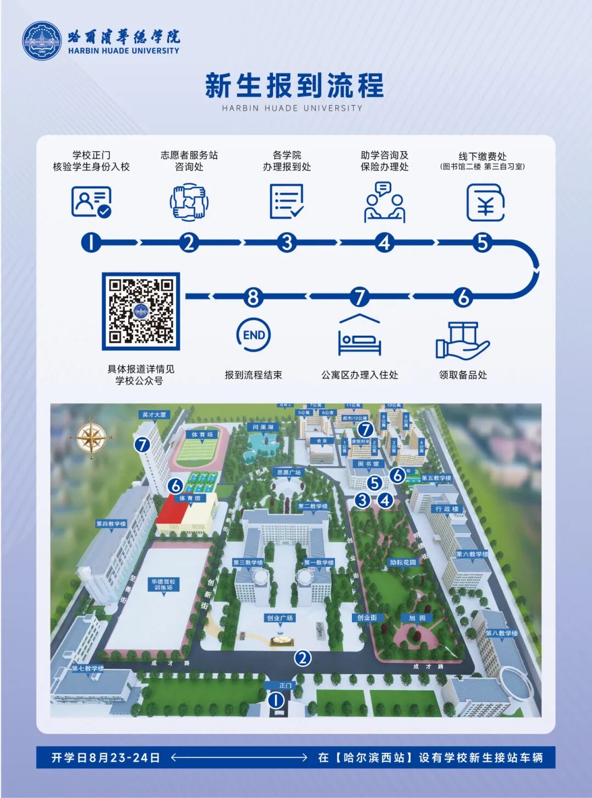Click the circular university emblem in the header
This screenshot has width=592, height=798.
42,41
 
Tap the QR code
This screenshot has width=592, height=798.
141,311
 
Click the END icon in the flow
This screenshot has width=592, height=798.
254,335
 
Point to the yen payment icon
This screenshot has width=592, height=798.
485,202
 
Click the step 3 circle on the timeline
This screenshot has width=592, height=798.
287,242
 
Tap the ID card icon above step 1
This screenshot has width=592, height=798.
91,202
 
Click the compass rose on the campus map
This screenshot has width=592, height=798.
91,437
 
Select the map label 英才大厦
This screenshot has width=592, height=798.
153,415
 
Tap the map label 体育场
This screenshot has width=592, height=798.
202,434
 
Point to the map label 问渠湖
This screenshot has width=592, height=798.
263,427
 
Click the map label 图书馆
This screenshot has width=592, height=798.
368,464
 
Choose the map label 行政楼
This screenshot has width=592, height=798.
447,509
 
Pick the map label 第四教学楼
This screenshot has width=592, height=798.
111,524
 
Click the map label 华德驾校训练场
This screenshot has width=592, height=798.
163,584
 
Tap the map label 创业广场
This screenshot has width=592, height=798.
280,618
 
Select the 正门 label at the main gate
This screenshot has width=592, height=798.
285,686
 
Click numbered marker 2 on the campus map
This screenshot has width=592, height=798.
302,658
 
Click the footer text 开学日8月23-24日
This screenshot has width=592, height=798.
106,757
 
